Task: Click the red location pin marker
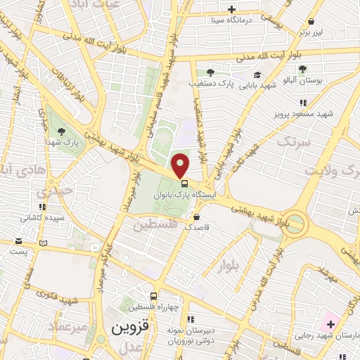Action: click(x=181, y=166)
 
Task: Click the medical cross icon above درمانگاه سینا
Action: click(x=231, y=9)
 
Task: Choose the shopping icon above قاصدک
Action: click(x=197, y=217)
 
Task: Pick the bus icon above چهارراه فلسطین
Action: click(x=154, y=296)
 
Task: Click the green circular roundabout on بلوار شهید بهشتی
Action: click(x=295, y=224)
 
